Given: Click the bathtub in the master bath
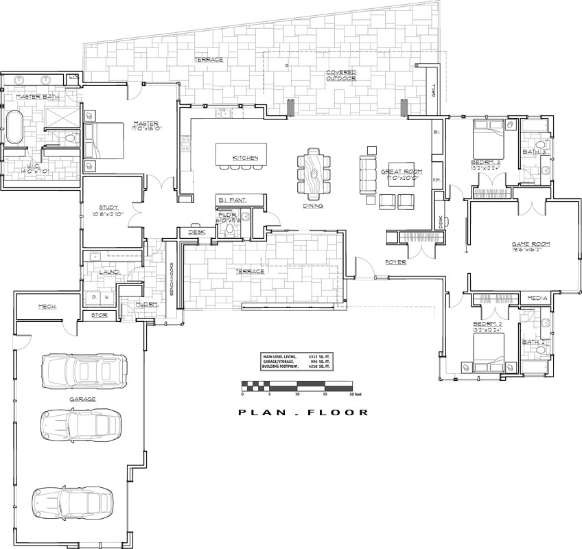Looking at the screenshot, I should pyautogui.click(x=14, y=127).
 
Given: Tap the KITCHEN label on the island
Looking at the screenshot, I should pyautogui.click(x=245, y=158).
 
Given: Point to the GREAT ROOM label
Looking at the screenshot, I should pyautogui.click(x=402, y=171).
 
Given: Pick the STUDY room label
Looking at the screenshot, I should pyautogui.click(x=110, y=207).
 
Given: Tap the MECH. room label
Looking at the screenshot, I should pyautogui.click(x=47, y=306).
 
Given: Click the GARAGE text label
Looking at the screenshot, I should pyautogui.click(x=82, y=399).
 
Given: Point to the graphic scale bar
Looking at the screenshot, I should pyautogui.click(x=296, y=385).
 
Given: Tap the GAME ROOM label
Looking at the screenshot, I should pyautogui.click(x=531, y=244).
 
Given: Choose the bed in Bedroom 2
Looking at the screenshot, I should pyautogui.click(x=489, y=350).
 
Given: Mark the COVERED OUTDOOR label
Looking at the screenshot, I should pyautogui.click(x=340, y=75).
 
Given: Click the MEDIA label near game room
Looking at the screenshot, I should pyautogui.click(x=537, y=299).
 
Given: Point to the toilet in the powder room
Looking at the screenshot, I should pyautogui.click(x=231, y=231).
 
